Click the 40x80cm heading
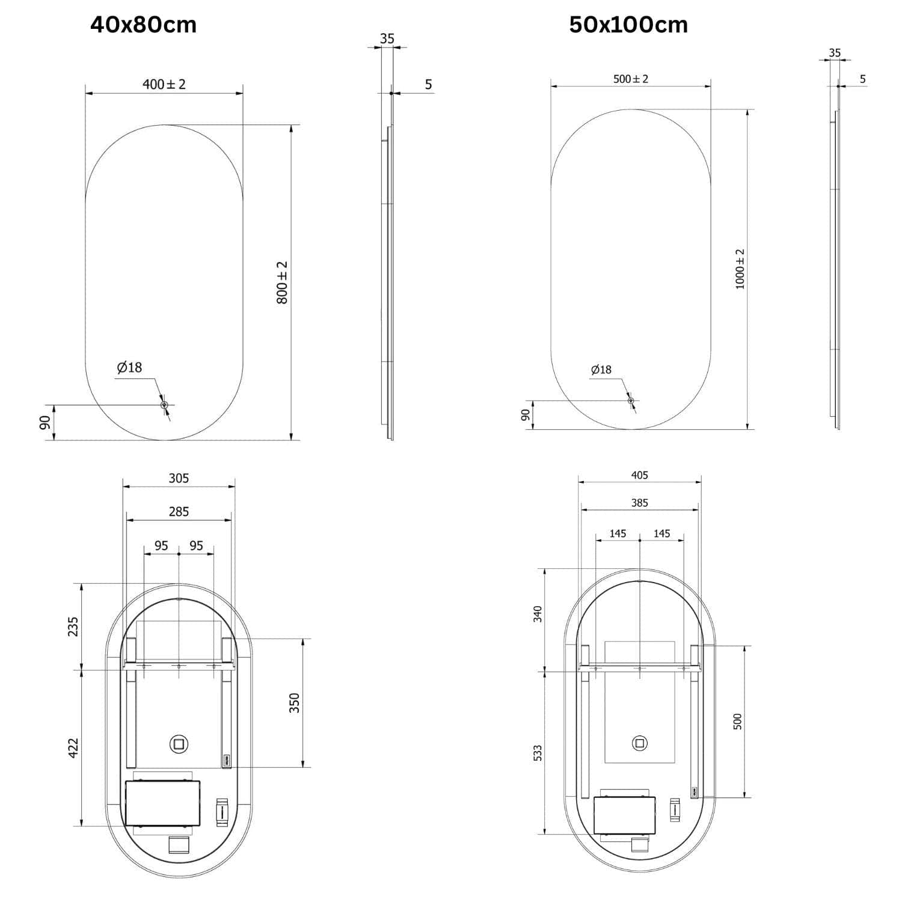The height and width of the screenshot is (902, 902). [143, 25]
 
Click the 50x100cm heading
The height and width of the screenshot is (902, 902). [628, 25]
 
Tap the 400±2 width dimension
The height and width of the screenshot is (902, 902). [164, 84]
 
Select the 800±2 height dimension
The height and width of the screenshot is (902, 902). [282, 282]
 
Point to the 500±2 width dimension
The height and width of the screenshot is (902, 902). [631, 79]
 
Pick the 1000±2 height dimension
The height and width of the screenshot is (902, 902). [740, 269]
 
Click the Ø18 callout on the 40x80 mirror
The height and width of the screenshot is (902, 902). [129, 367]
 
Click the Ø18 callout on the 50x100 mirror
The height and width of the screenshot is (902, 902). [601, 370]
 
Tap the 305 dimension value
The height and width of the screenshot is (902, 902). [179, 478]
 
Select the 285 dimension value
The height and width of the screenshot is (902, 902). [179, 512]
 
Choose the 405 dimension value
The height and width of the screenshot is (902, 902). [640, 475]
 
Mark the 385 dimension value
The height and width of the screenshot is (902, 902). [640, 503]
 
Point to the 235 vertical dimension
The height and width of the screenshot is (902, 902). [73, 627]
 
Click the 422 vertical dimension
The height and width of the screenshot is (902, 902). [73, 748]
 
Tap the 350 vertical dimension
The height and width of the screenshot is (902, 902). [294, 703]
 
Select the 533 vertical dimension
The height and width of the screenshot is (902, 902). [538, 753]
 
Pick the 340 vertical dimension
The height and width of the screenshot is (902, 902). [538, 614]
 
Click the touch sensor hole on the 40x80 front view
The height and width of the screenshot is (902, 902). [164, 405]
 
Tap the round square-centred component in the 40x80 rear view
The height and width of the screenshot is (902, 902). [179, 744]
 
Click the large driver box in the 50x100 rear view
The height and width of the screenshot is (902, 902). [624, 815]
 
